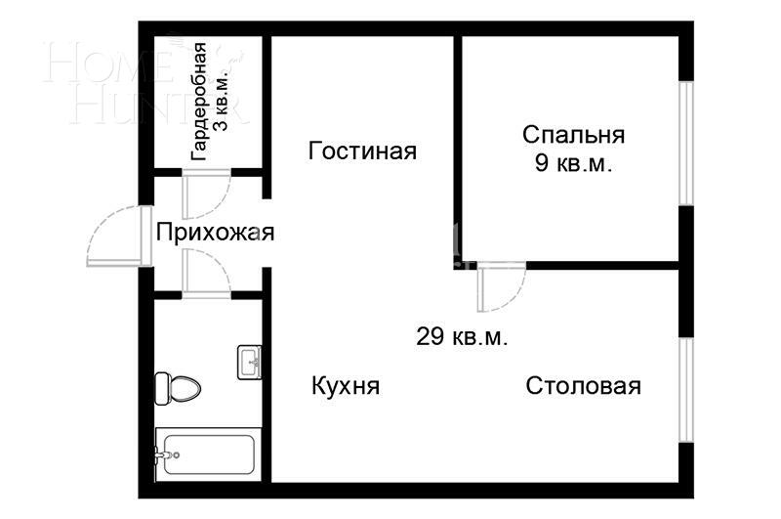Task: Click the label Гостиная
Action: (x=362, y=151)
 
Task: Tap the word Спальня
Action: (x=573, y=135)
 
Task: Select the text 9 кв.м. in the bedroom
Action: (x=573, y=164)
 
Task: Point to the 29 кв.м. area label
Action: (x=462, y=337)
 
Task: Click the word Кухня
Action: (x=345, y=386)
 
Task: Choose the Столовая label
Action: (x=583, y=386)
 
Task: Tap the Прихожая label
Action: (x=215, y=233)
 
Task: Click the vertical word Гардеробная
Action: (x=198, y=101)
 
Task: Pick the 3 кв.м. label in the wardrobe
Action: (x=221, y=101)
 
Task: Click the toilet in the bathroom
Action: (x=178, y=388)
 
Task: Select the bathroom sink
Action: (x=250, y=362)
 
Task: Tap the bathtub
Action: (x=207, y=454)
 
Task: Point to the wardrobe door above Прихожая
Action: (x=206, y=194)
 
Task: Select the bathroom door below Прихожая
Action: (x=206, y=273)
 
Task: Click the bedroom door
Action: (x=500, y=285)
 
